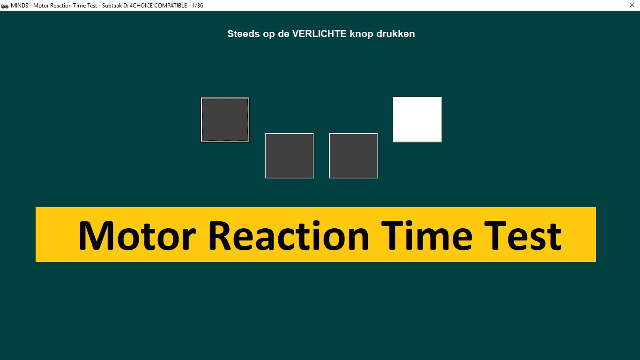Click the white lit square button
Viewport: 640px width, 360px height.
417,120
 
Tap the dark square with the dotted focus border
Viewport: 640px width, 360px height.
225,120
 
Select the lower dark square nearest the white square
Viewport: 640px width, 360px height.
353,156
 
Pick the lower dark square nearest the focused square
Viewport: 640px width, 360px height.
289,156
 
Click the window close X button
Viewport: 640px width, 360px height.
632,5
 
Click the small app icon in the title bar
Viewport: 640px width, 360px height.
4,6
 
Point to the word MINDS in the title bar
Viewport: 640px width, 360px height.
19,6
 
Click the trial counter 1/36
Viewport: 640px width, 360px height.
197,6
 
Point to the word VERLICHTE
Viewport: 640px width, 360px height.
320,34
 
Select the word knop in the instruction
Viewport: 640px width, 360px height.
361,34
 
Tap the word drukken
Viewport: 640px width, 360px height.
396,34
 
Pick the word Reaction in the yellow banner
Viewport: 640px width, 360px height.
289,236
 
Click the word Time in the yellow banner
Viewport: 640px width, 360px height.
427,236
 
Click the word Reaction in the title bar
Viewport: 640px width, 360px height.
61,6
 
